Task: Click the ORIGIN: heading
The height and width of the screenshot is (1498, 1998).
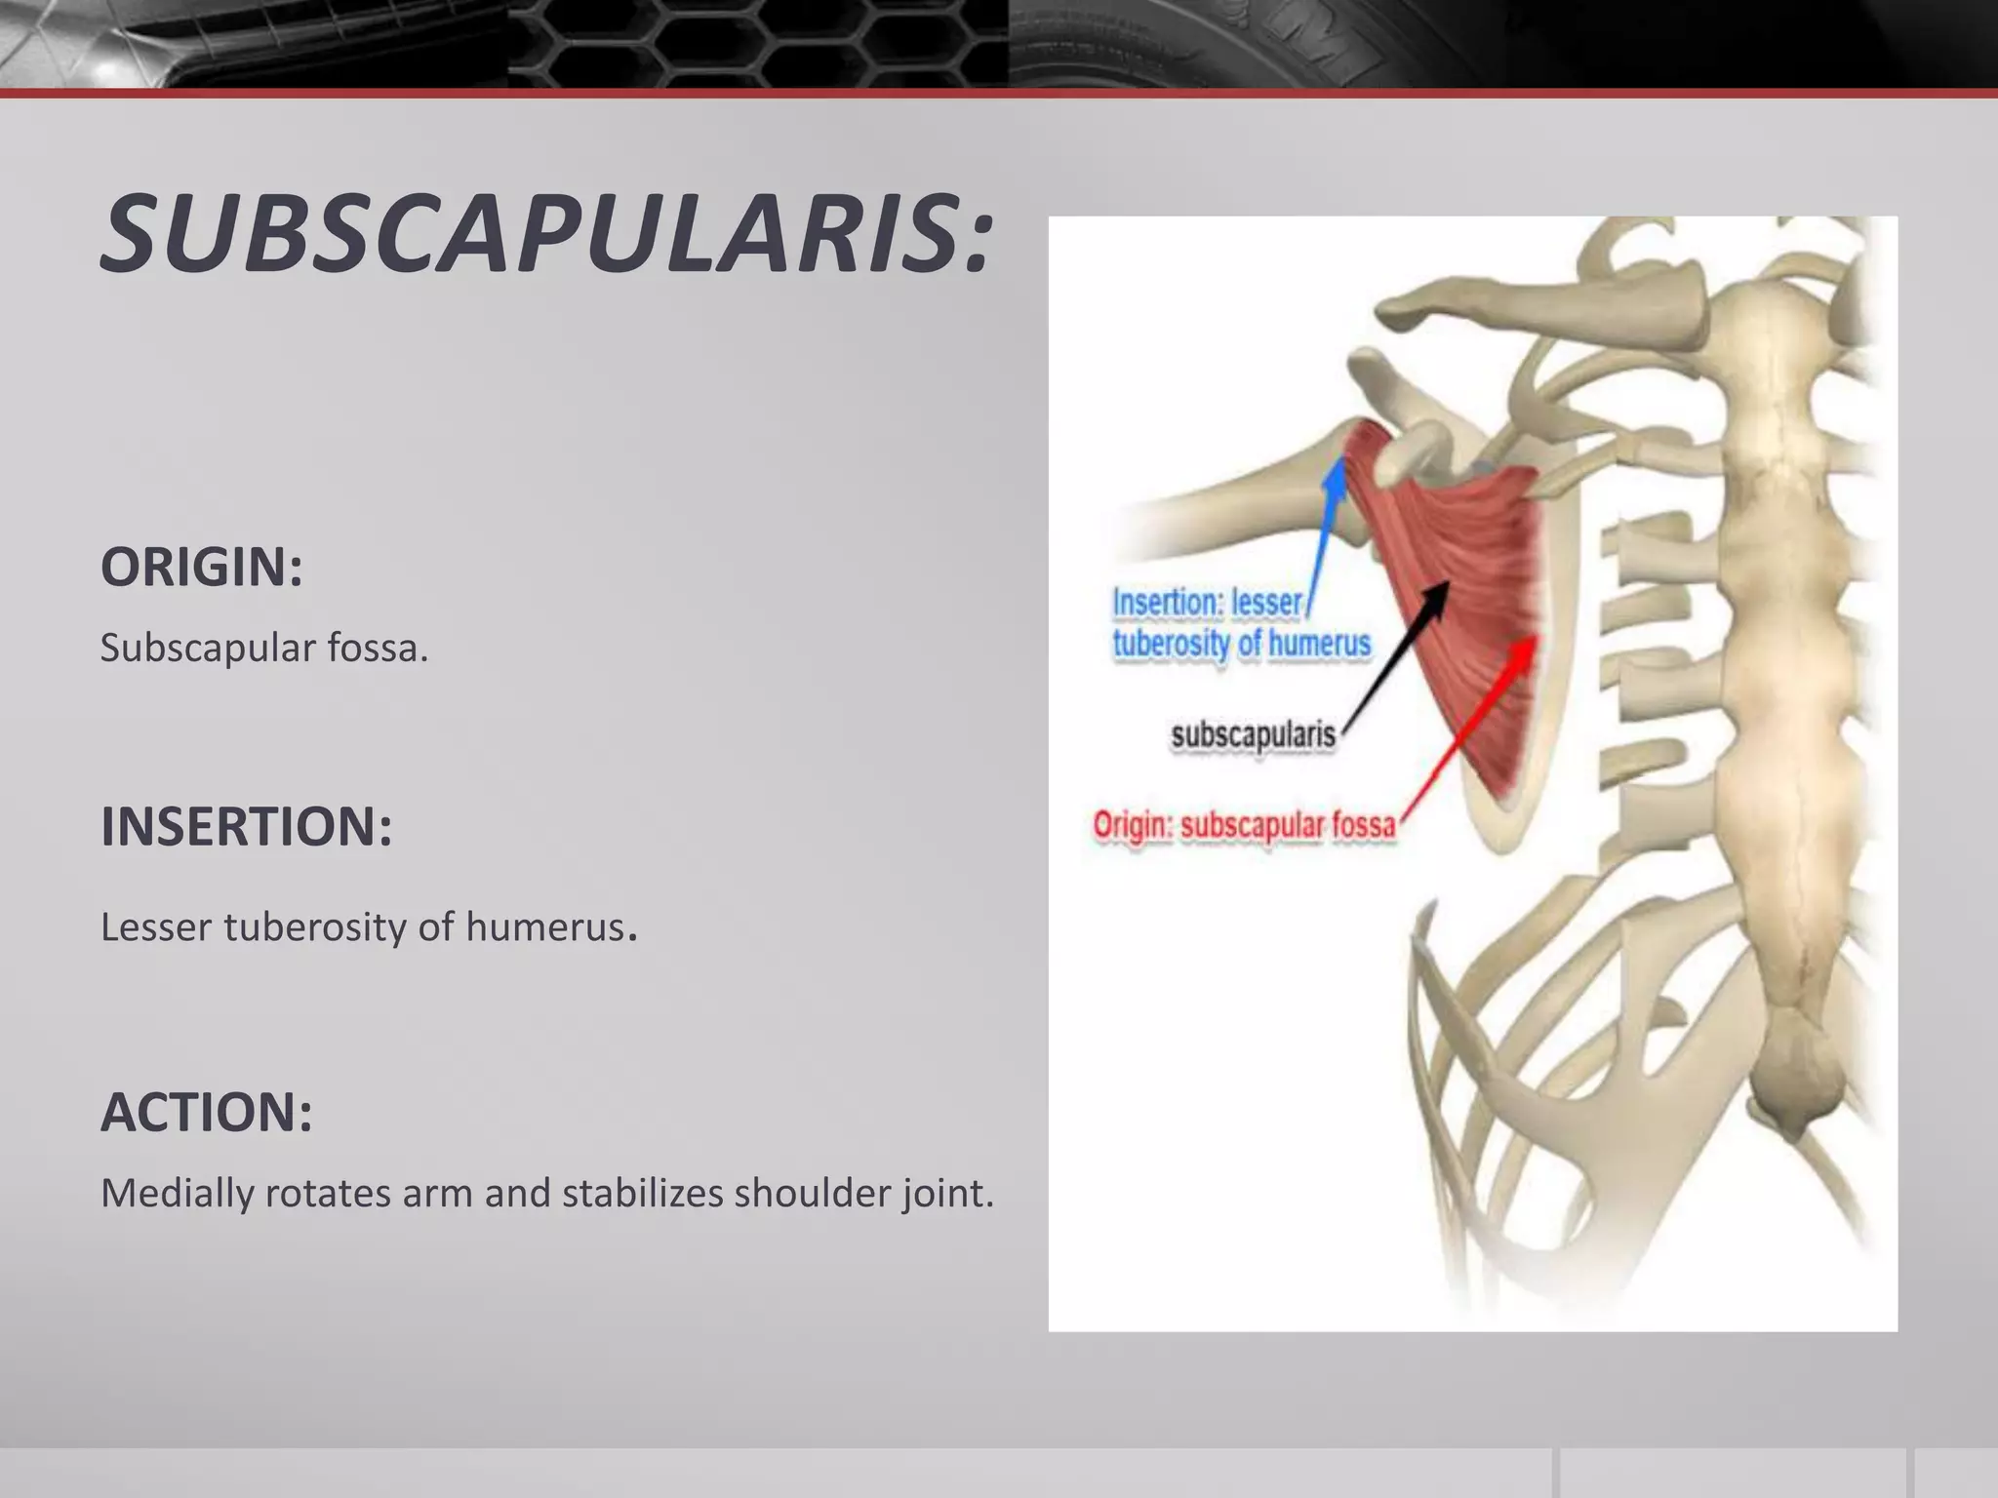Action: pyautogui.click(x=202, y=568)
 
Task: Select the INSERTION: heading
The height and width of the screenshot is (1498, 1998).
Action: pyautogui.click(x=247, y=827)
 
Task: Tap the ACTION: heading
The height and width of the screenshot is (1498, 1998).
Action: pyautogui.click(x=207, y=1112)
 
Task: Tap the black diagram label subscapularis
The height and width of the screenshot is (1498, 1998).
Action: pyautogui.click(x=1253, y=734)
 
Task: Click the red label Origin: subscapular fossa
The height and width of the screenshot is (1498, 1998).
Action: pyautogui.click(x=1244, y=826)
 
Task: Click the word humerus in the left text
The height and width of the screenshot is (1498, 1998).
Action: pyautogui.click(x=544, y=927)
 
